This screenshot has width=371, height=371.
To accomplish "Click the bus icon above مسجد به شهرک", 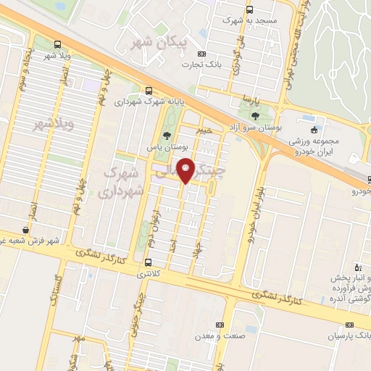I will [x=250, y=10].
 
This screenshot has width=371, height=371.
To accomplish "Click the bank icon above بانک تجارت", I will [x=201, y=54].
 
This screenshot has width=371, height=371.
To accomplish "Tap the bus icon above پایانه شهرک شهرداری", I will [x=149, y=91].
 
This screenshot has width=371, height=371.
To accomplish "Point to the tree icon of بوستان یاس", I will [x=167, y=136].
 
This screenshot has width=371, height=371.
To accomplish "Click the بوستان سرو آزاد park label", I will [x=254, y=126].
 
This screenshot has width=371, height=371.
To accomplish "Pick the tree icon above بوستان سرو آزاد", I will [x=254, y=114].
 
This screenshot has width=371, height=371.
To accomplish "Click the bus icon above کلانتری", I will [x=149, y=263].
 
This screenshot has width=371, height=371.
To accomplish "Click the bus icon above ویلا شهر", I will [x=58, y=44].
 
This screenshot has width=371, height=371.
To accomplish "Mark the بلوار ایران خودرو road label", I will [x=259, y=210].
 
